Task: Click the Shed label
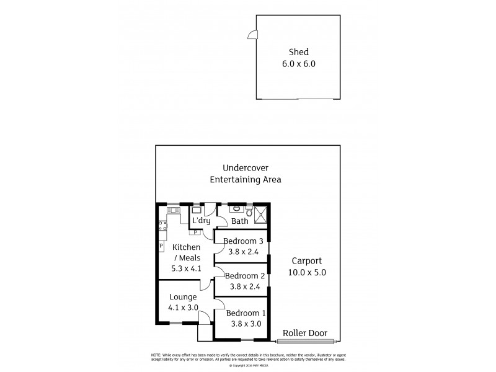click(298, 52)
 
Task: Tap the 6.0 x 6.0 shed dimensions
click(298, 63)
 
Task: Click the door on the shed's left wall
click(252, 35)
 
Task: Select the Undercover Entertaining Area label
click(246, 174)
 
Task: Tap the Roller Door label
click(305, 333)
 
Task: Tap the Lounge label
click(183, 297)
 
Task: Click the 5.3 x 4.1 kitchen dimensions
click(186, 269)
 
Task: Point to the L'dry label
click(201, 221)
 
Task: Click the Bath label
click(240, 221)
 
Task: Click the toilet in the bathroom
click(249, 211)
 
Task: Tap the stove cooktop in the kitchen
click(162, 226)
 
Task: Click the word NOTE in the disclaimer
click(157, 355)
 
